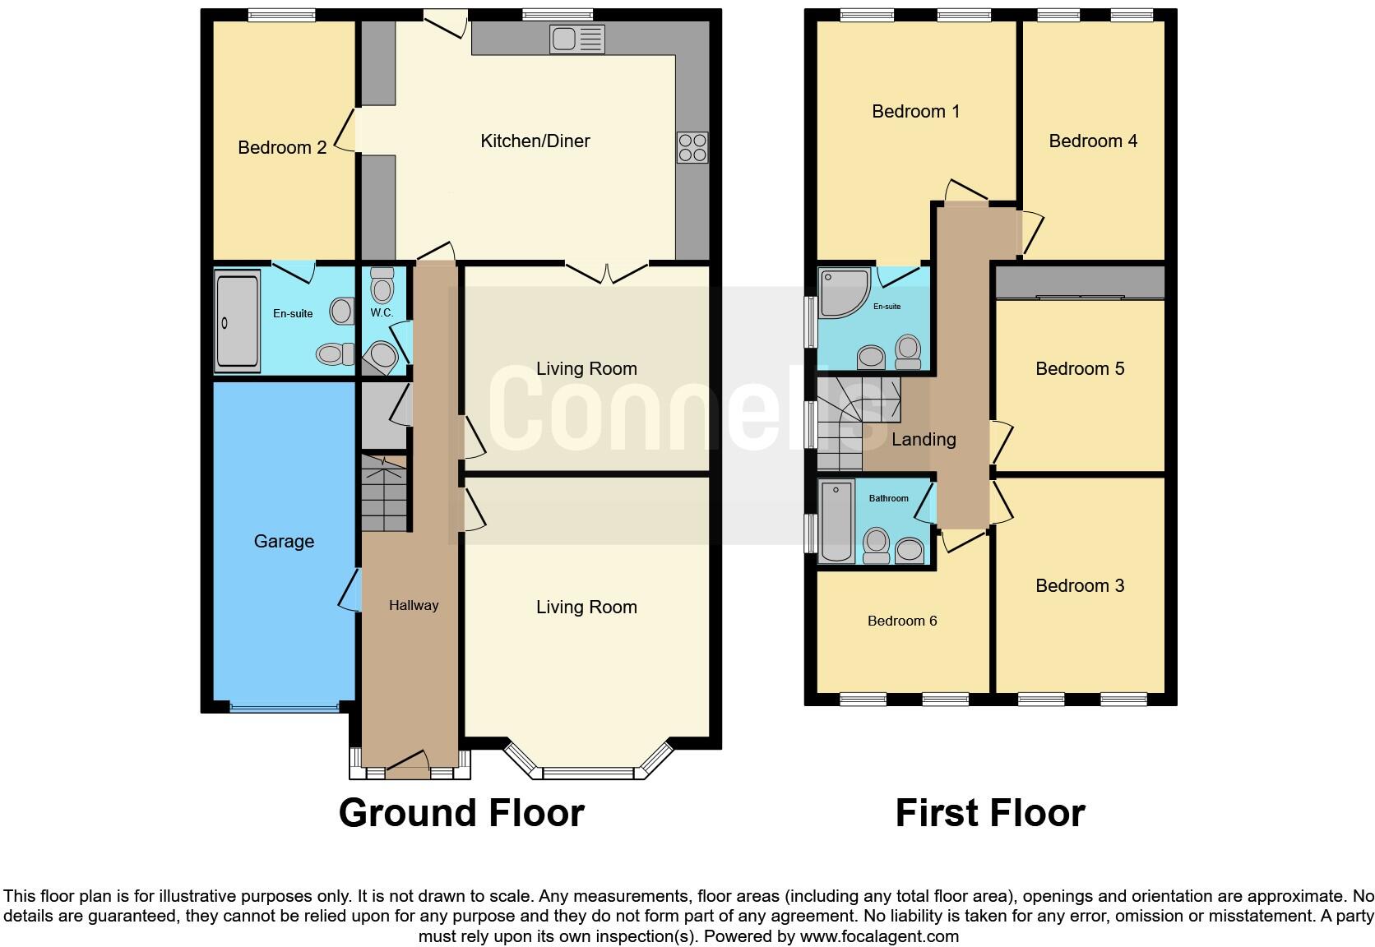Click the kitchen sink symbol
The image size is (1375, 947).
576,39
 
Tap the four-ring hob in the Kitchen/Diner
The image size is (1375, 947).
692,147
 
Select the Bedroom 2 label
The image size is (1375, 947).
282,148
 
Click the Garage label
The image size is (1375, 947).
284,541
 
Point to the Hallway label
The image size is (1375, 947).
414,605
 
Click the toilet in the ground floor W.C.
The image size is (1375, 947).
382,288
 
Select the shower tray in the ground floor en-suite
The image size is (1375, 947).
236,321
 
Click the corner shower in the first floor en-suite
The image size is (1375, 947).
845,293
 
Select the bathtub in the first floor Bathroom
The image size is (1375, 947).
836,522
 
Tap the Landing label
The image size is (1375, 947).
924,440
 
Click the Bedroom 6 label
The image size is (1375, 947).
902,621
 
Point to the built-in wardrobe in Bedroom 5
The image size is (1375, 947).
1080,283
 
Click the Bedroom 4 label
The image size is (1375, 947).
1093,141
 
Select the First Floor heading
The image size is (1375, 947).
989,813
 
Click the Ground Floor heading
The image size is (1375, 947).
461,813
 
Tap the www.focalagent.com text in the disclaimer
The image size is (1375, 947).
879,936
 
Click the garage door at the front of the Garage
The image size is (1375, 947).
284,705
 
